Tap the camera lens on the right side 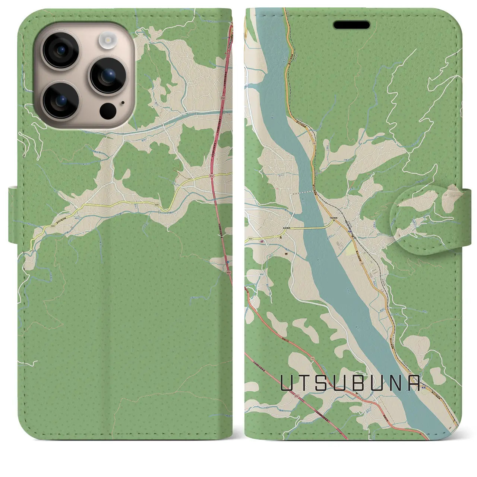[106, 76]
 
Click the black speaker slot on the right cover [351, 25]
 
